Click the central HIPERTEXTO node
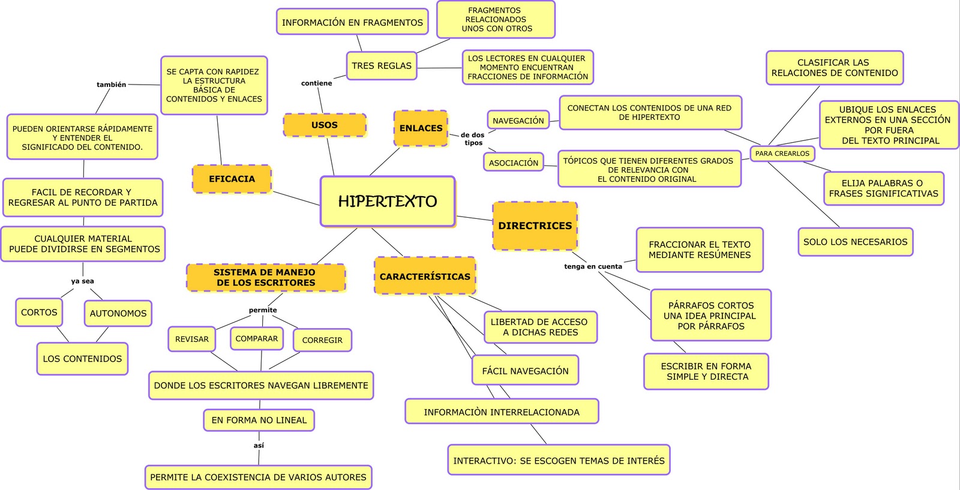pyautogui.click(x=388, y=202)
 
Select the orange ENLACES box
pyautogui.click(x=421, y=128)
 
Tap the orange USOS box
pyautogui.click(x=325, y=125)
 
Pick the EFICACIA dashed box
pyautogui.click(x=232, y=179)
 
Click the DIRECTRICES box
pyautogui.click(x=535, y=226)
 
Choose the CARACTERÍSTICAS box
pyautogui.click(x=425, y=276)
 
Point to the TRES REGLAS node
pyautogui.click(x=382, y=66)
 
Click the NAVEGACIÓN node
pyautogui.click(x=518, y=121)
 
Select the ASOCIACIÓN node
pyautogui.click(x=514, y=163)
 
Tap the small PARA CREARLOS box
pyautogui.click(x=782, y=154)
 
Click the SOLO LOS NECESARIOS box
pyautogui.click(x=855, y=242)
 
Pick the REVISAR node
pyautogui.click(x=192, y=339)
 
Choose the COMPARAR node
pyautogui.click(x=257, y=338)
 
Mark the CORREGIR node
pyautogui.click(x=322, y=340)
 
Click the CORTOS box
pyautogui.click(x=39, y=312)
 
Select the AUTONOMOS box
pyautogui.click(x=118, y=313)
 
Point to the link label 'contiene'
pyautogui.click(x=316, y=83)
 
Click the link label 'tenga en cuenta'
pyautogui.click(x=593, y=266)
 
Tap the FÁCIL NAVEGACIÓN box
pyautogui.click(x=525, y=371)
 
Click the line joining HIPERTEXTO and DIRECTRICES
pyautogui.click(x=474, y=218)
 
